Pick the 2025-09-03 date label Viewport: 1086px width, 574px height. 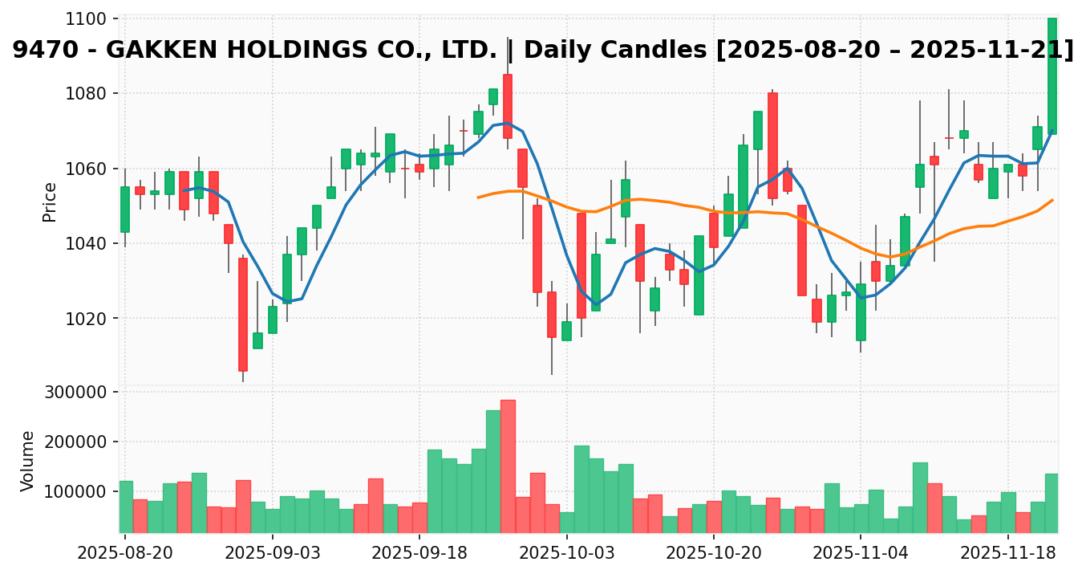[x=272, y=553]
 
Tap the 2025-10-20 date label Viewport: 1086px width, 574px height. [x=714, y=553]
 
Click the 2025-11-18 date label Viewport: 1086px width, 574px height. [x=1007, y=553]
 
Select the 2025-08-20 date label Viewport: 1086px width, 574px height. [x=125, y=553]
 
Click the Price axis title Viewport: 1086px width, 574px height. [x=50, y=202]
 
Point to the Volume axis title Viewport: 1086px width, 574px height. [x=28, y=460]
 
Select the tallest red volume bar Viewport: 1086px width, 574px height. [x=508, y=466]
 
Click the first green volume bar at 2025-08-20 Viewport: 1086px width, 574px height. [x=125, y=507]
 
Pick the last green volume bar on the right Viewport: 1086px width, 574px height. [x=1052, y=503]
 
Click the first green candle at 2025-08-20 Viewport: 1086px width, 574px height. [x=125, y=210]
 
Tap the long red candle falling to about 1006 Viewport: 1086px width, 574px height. [x=242, y=314]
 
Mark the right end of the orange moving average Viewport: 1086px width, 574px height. [x=1053, y=200]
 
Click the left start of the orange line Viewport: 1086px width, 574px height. [x=478, y=197]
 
